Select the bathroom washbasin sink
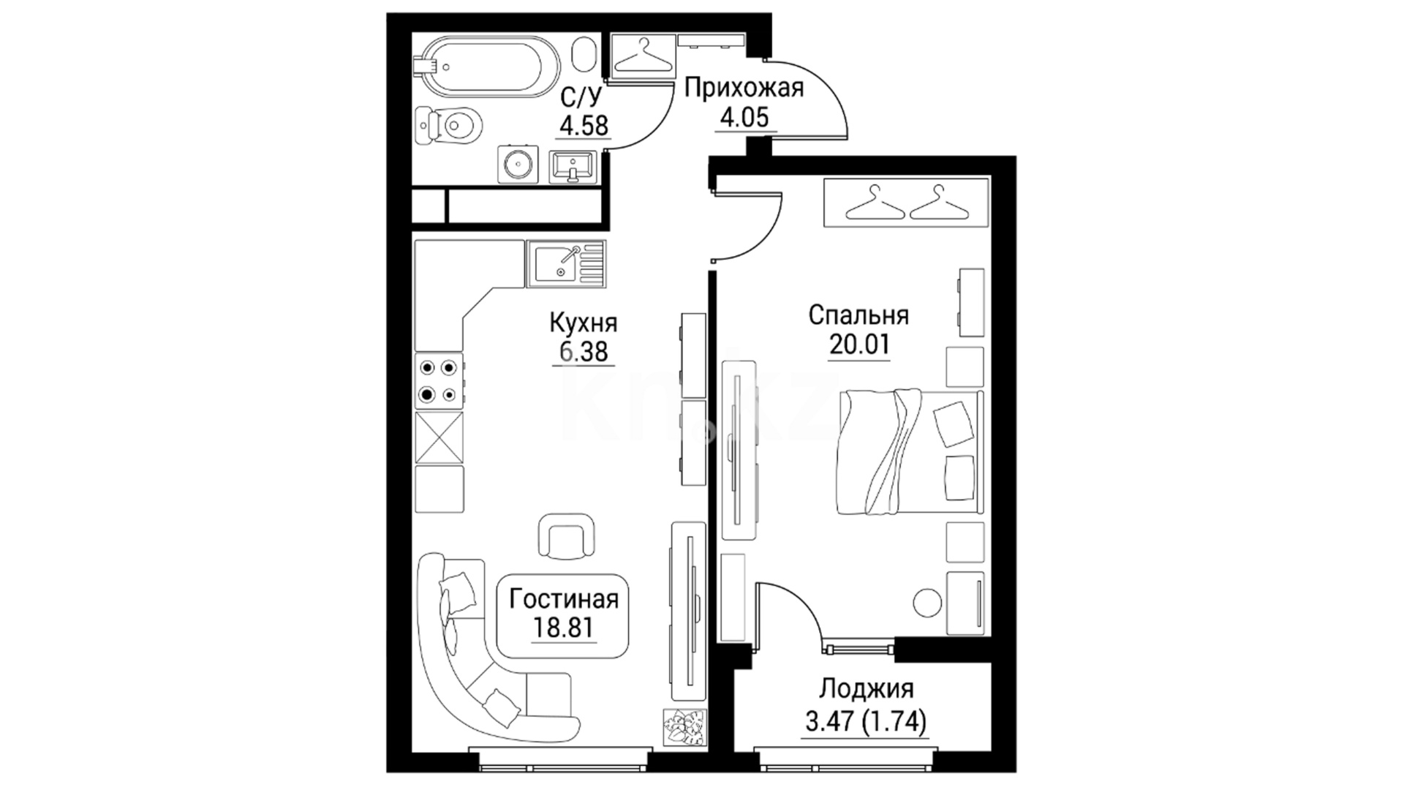573,165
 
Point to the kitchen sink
566,263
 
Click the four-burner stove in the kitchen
439,381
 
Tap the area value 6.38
584,352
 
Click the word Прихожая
744,89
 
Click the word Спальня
858,315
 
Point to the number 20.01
859,344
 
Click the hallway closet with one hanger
643,54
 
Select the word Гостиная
564,599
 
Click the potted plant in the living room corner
684,729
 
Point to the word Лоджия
867,690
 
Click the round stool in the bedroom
927,603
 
